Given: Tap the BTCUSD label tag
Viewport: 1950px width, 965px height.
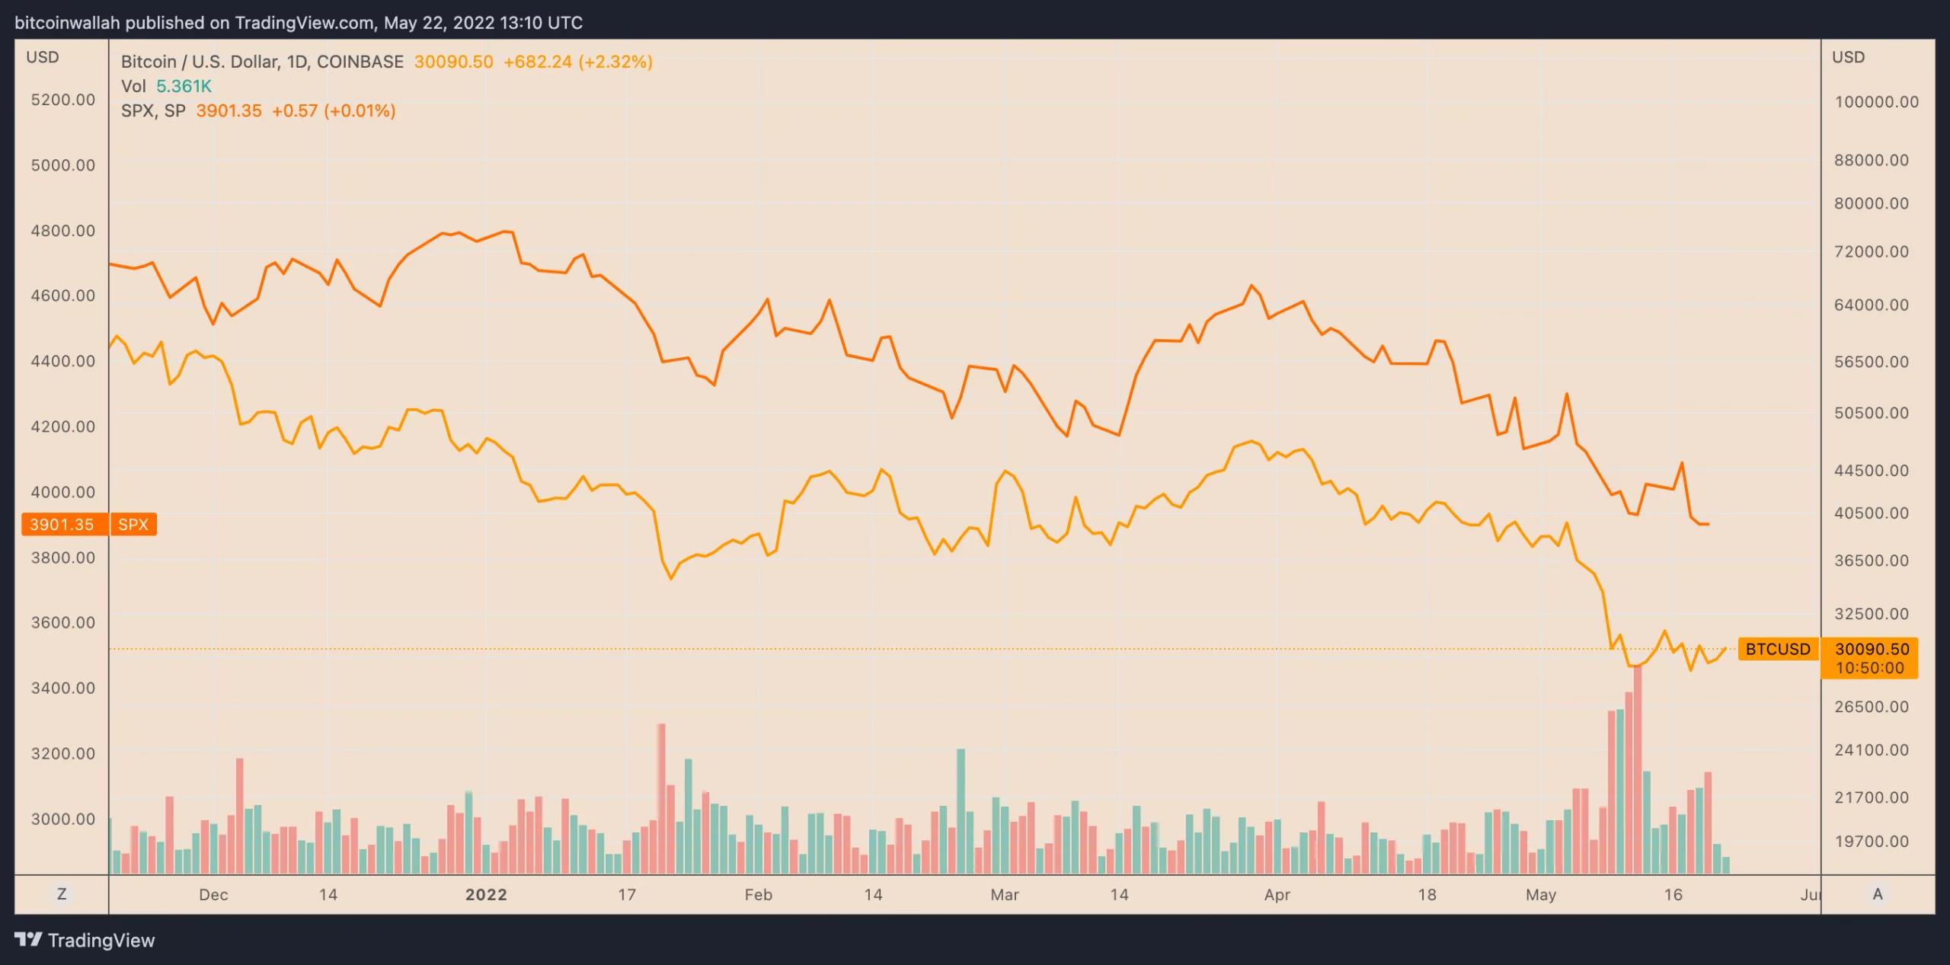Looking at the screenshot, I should point(1778,650).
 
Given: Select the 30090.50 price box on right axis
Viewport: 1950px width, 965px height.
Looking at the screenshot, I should point(1872,650).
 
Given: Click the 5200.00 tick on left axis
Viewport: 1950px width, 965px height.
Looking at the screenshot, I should point(63,100).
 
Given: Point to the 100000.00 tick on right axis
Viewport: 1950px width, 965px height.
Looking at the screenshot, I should point(1876,102).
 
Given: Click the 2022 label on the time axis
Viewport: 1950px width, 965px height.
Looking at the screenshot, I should point(486,895).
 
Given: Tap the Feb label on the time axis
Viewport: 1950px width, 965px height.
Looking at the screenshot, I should point(759,895).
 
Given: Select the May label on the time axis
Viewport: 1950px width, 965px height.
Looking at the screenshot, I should point(1541,895).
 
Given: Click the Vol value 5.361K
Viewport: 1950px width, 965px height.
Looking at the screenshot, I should point(184,87).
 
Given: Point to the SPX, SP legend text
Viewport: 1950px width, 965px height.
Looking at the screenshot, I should point(153,111).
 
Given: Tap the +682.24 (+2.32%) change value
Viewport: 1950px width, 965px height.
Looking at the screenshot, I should point(578,62).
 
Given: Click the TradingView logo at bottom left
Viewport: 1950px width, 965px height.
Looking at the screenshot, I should point(85,941).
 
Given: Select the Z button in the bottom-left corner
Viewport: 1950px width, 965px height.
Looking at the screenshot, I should point(62,894).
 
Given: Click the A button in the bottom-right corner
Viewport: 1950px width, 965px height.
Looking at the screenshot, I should point(1878,894).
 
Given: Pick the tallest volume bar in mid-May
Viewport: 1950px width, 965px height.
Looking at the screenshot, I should point(1638,769).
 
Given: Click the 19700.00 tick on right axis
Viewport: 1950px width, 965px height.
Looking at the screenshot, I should point(1872,842).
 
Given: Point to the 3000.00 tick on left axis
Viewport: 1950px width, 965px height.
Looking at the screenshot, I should point(63,820).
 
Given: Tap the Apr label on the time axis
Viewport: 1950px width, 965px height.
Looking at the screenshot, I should point(1277,895).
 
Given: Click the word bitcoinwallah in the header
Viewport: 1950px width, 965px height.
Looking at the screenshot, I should point(67,23).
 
